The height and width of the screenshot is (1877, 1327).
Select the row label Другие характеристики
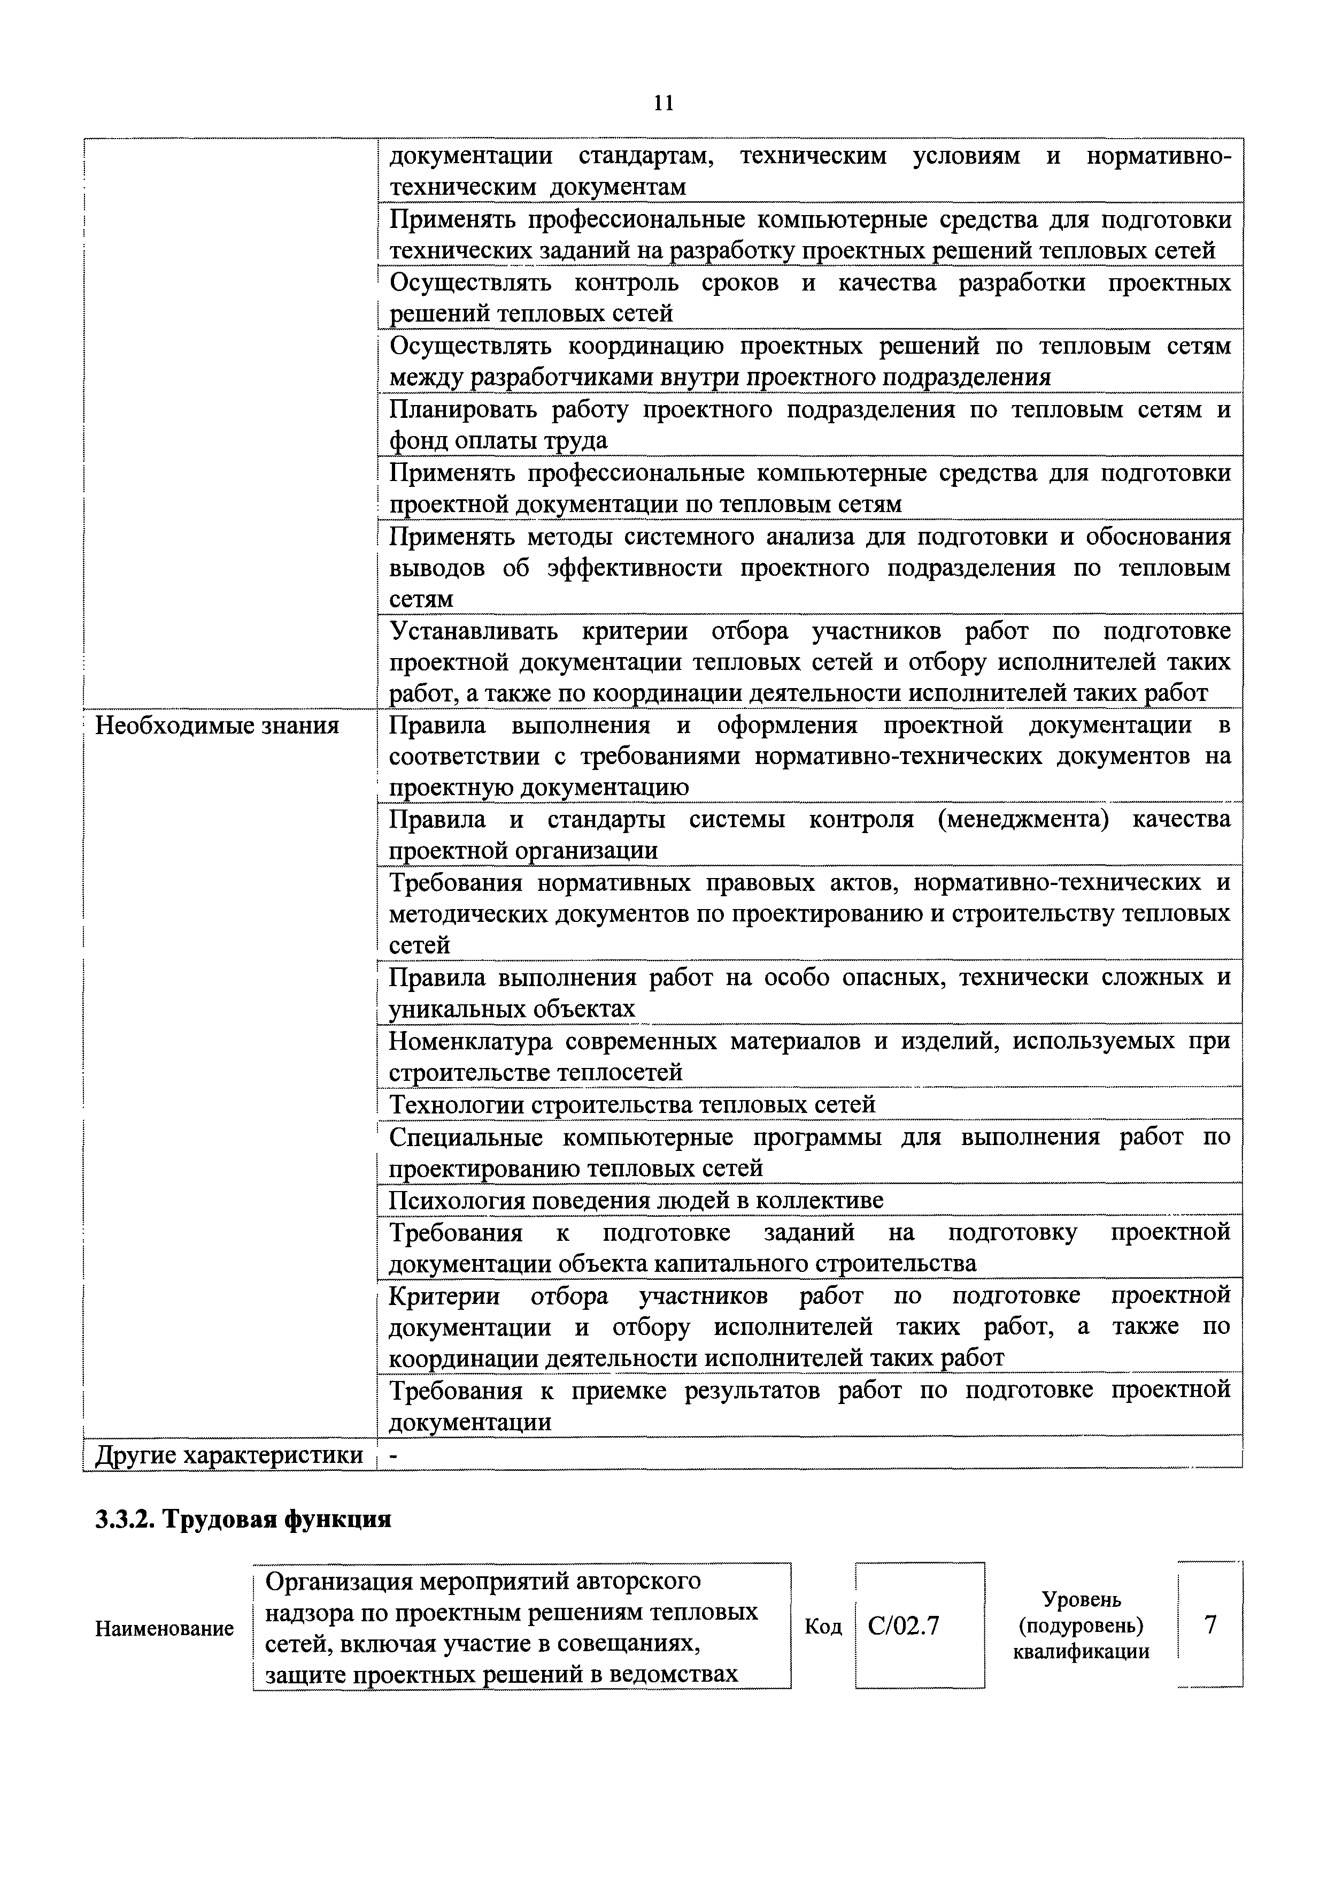pyautogui.click(x=229, y=1455)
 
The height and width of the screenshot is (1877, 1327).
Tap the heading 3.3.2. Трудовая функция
pyautogui.click(x=243, y=1519)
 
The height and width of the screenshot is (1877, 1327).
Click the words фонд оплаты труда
pyautogui.click(x=498, y=441)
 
